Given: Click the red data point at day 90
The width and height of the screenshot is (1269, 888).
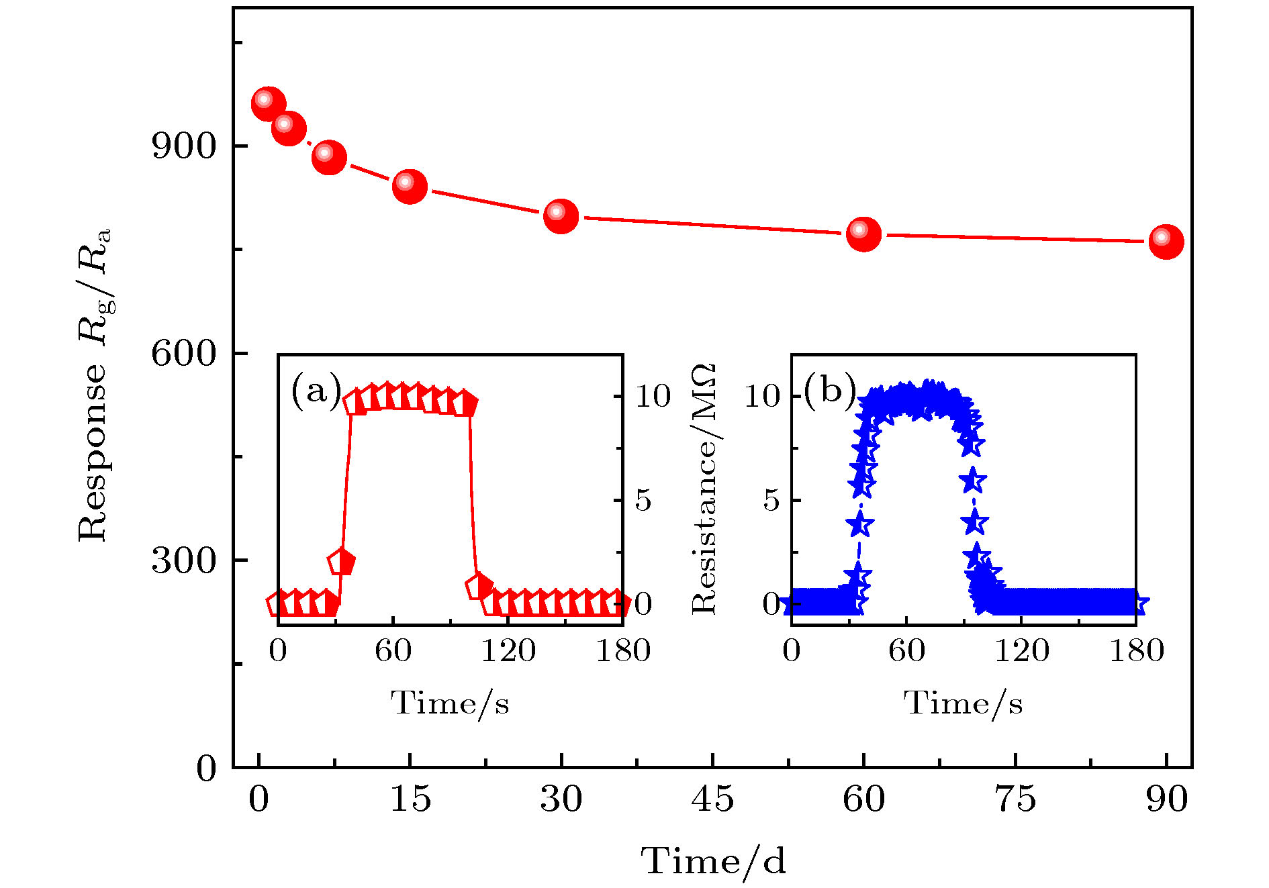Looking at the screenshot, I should click(1166, 241).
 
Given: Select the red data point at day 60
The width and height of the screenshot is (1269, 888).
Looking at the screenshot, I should click(863, 234).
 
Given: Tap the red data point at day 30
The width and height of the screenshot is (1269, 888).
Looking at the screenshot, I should click(561, 215).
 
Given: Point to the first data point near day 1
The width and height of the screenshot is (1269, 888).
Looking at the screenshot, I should click(268, 103).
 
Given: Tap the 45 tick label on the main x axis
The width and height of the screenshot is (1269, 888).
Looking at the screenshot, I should click(712, 799).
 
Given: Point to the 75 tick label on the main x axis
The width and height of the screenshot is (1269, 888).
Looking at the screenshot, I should click(1015, 799).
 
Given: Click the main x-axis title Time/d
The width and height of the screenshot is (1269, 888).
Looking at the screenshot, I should click(712, 861).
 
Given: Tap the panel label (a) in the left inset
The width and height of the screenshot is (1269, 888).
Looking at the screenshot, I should click(316, 391).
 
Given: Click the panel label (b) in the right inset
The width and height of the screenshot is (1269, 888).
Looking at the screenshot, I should click(830, 389).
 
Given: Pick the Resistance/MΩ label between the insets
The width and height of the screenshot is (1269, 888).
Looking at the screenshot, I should click(704, 489).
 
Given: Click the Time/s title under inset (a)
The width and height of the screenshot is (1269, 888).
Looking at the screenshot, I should click(450, 703).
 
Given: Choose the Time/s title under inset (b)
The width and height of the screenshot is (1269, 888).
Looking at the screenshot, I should click(963, 703).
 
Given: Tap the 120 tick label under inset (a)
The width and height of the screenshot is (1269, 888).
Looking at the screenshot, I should click(508, 650).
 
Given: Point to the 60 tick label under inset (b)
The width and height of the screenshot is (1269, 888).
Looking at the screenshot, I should click(906, 650).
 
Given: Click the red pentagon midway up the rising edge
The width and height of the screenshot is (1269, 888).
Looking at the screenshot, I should click(342, 561).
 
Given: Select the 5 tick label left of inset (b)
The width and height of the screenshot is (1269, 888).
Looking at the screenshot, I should click(771, 500).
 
